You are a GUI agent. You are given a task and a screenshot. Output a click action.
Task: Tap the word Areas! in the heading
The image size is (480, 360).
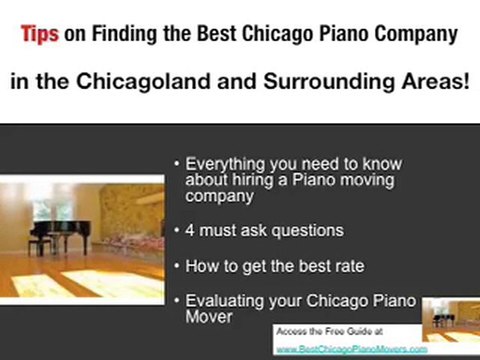pyautogui.click(x=430, y=80)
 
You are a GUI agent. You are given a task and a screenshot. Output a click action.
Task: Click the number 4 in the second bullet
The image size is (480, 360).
pyautogui.click(x=190, y=231)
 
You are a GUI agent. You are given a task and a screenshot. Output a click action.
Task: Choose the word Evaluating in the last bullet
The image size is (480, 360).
pyautogui.click(x=223, y=301)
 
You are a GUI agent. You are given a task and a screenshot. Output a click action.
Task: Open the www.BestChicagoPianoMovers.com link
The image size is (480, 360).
pyautogui.click(x=350, y=349)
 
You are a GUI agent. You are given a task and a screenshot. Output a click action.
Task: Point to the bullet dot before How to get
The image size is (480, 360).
pyautogui.click(x=177, y=267)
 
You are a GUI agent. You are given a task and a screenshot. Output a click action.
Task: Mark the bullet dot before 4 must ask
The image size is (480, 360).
pyautogui.click(x=177, y=231)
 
